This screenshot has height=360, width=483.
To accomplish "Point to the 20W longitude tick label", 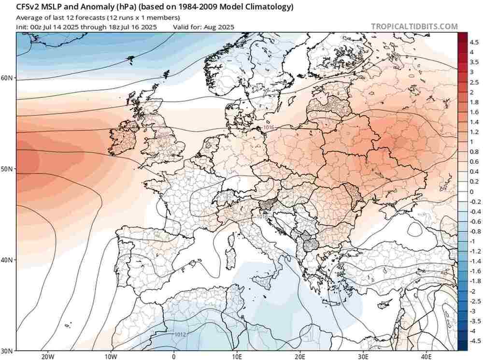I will point(47,356).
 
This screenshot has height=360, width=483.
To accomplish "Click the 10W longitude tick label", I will point(111,356).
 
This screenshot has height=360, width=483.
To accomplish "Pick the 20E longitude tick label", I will point(300,356).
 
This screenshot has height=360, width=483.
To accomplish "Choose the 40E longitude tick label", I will point(426,356).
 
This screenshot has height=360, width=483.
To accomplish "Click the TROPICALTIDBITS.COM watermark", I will point(414,27).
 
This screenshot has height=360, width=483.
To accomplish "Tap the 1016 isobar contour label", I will point(270,127).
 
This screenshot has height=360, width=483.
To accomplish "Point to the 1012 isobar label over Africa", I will point(180,334).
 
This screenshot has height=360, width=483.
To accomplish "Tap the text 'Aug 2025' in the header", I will point(220,27).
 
